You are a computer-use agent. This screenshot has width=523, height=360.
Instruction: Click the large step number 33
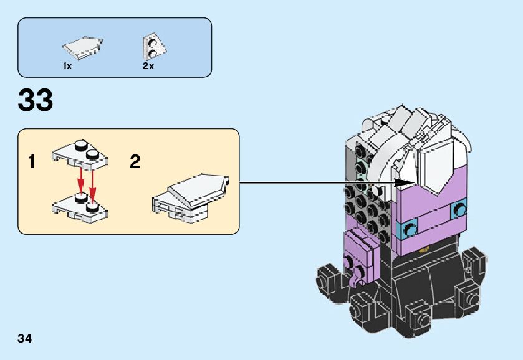coord(36,100)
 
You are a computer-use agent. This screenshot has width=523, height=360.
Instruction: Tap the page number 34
coord(25,339)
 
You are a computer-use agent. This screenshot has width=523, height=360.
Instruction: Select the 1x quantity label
coord(67,65)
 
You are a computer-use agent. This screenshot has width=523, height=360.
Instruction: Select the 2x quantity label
coord(148,65)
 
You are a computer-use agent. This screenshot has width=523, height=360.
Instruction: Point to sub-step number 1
coord(31,163)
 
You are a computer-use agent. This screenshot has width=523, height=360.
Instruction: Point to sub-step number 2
coord(135,162)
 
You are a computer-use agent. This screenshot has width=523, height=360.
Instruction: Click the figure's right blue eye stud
coord(460,209)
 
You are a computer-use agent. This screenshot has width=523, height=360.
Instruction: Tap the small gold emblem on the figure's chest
coord(425,250)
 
